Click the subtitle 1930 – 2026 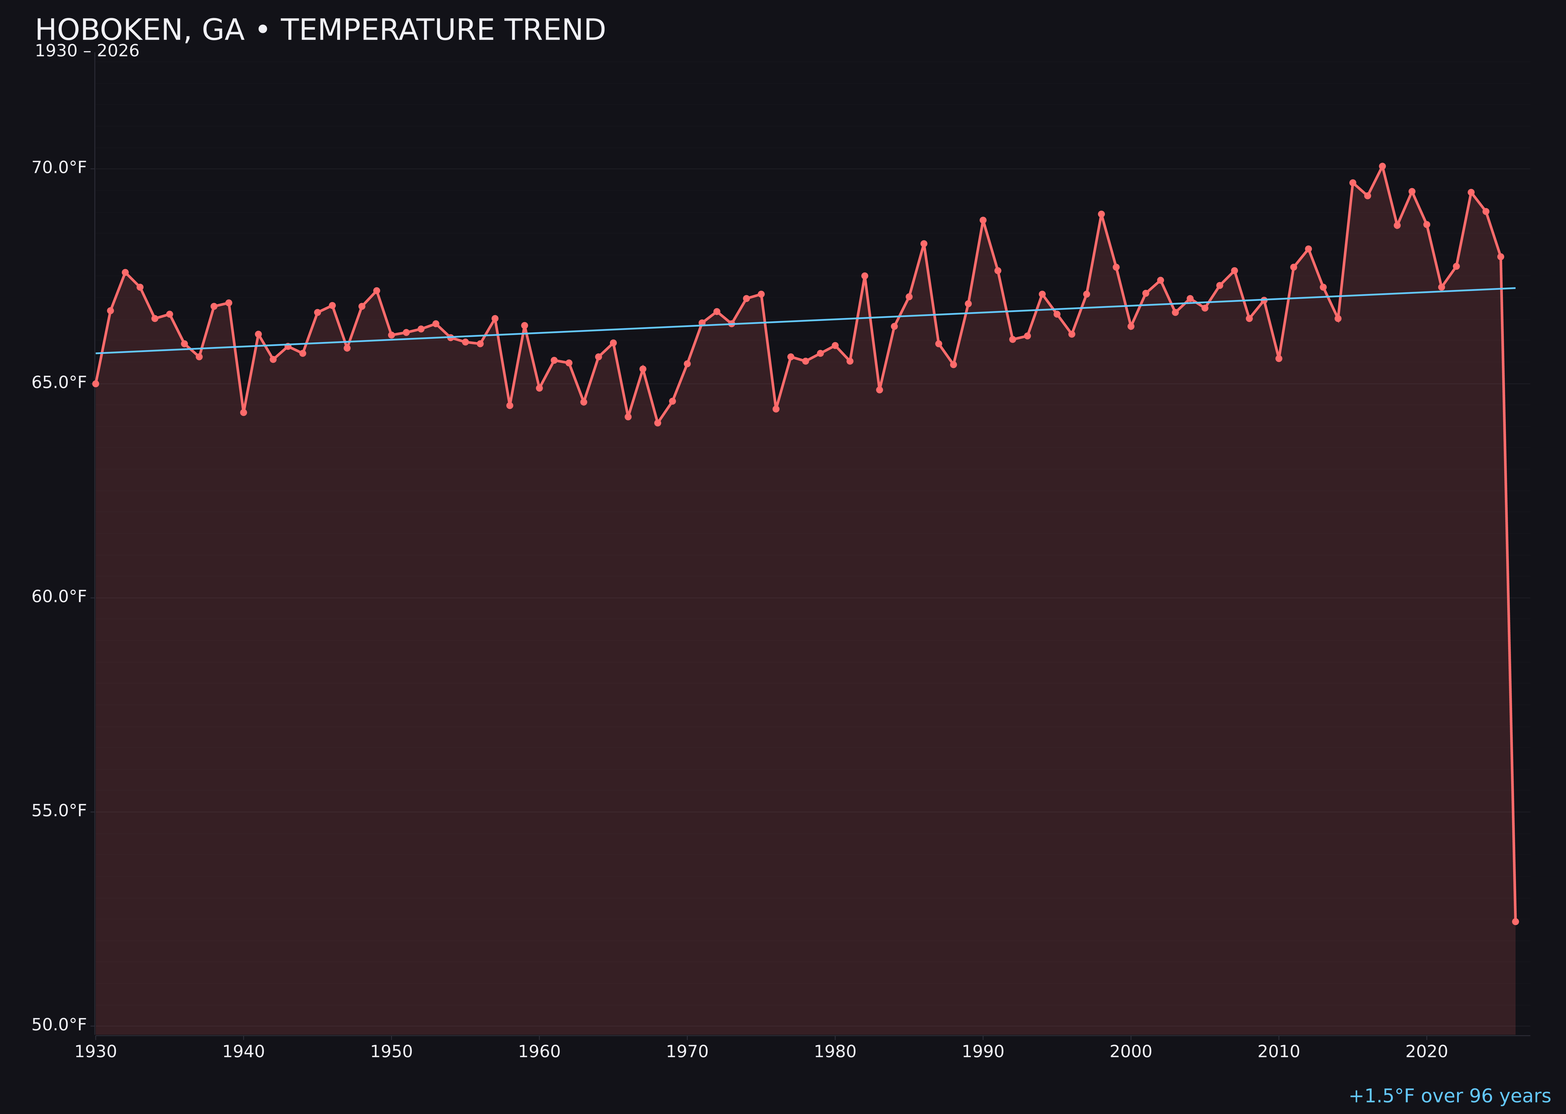click(87, 51)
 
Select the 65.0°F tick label click(59, 382)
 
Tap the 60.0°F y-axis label click(59, 597)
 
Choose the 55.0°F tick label click(59, 811)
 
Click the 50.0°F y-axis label click(59, 1025)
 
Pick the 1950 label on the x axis click(391, 1052)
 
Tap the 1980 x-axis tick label click(835, 1052)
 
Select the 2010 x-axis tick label click(1279, 1052)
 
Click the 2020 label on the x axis click(1427, 1052)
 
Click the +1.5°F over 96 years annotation click(1449, 1096)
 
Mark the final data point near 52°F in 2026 click(1515, 921)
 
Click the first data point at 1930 click(96, 383)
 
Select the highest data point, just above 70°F click(1382, 166)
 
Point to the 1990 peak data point click(983, 220)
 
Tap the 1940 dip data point click(244, 412)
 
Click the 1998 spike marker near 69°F click(1101, 214)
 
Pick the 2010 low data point click(1279, 358)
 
